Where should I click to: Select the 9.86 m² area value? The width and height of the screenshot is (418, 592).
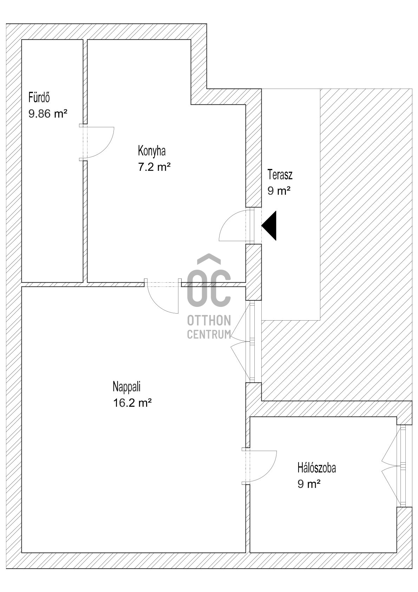coord(48,114)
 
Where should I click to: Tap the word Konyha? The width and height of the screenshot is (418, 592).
coord(152,151)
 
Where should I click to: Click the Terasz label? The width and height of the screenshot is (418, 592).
coord(280,174)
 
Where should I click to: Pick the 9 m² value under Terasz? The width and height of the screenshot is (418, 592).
coord(279,191)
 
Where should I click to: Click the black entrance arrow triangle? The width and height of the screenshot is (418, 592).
coord(270,226)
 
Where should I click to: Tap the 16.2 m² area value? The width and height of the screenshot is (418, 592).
coord(132,403)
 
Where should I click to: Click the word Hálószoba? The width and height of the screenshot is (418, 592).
coord(316,468)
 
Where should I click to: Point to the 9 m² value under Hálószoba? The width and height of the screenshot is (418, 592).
coord(309,484)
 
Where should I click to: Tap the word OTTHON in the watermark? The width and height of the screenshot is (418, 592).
coord(209,321)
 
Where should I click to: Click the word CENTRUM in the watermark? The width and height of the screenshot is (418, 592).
coord(209,334)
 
